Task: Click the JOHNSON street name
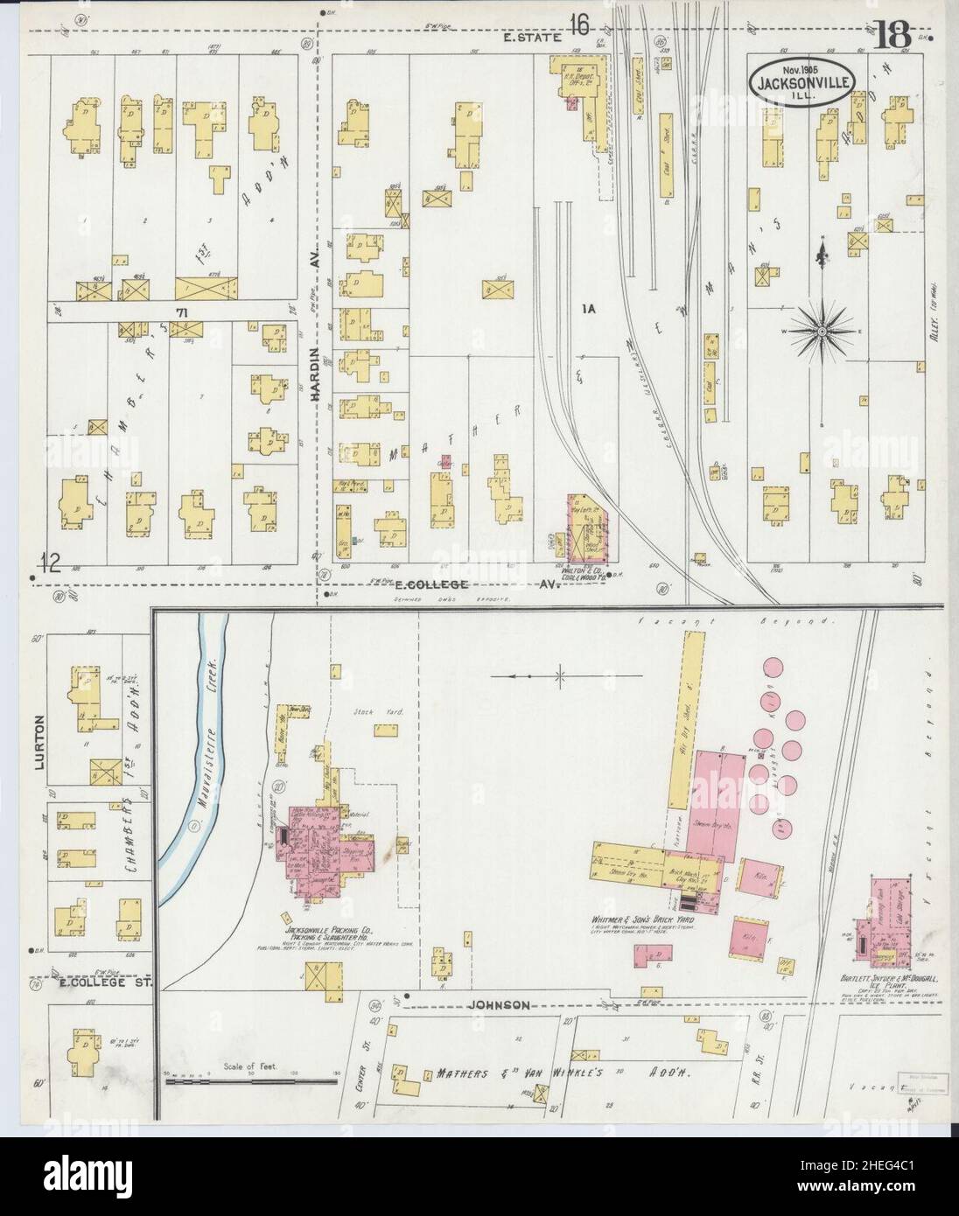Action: click(x=499, y=1005)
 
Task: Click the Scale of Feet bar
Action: click(x=249, y=1080)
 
